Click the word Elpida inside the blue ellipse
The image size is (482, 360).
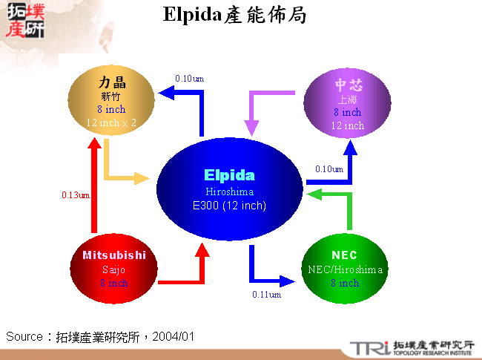click(x=229, y=176)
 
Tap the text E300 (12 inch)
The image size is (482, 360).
click(x=229, y=206)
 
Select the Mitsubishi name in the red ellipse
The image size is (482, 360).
click(x=114, y=255)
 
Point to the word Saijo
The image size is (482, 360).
click(x=114, y=269)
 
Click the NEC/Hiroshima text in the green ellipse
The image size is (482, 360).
click(x=345, y=269)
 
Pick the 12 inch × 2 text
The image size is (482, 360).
click(x=111, y=123)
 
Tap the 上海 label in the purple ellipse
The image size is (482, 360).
click(x=347, y=99)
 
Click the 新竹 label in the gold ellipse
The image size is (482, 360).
click(x=110, y=96)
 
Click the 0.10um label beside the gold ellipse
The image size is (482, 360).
click(x=189, y=79)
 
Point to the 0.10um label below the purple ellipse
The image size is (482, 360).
click(x=329, y=169)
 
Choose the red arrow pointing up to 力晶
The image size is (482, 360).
click(x=93, y=186)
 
